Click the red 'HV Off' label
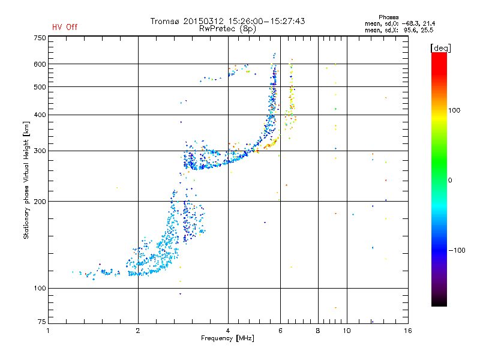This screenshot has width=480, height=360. tap(64, 27)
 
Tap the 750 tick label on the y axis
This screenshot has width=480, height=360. tap(40, 38)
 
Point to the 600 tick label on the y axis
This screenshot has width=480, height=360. tap(40, 64)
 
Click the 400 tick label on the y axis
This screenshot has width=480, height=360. tap(40, 115)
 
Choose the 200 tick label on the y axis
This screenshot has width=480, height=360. tap(40, 202)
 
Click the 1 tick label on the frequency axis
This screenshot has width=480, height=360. tap(49, 331)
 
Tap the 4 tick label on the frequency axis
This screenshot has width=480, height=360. tap(228, 331)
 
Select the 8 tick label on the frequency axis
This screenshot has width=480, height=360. tap(318, 331)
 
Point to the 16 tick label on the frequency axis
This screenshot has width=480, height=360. tap(407, 331)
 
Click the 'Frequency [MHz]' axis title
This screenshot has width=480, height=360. tap(228, 338)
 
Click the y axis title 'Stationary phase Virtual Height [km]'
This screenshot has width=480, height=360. tap(26, 181)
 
